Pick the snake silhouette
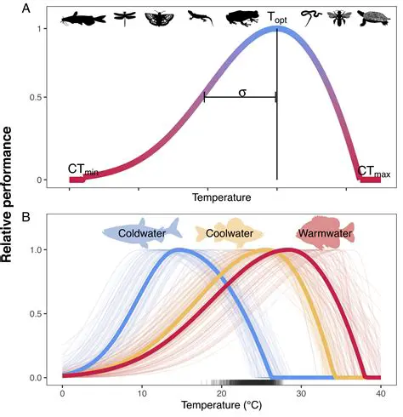pos(312,16)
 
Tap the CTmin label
pos(83,171)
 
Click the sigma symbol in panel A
pos(242,92)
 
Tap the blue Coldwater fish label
pos(142,232)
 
